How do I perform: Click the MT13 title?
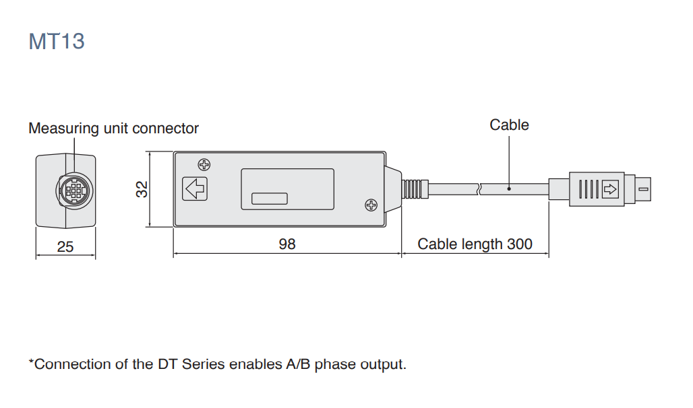point(57,41)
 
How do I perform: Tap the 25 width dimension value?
point(65,247)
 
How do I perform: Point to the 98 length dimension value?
point(287,244)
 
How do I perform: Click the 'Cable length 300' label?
point(475,244)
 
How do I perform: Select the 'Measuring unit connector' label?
point(113,128)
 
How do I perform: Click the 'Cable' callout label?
point(509,125)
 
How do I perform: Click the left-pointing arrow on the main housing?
point(195,189)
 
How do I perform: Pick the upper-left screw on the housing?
point(203,165)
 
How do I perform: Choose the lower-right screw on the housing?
point(370,205)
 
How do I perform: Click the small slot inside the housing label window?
point(269,199)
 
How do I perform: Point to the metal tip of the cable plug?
point(642,189)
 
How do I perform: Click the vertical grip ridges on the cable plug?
point(586,189)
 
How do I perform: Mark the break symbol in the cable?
point(479,189)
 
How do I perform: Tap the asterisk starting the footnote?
point(31,363)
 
